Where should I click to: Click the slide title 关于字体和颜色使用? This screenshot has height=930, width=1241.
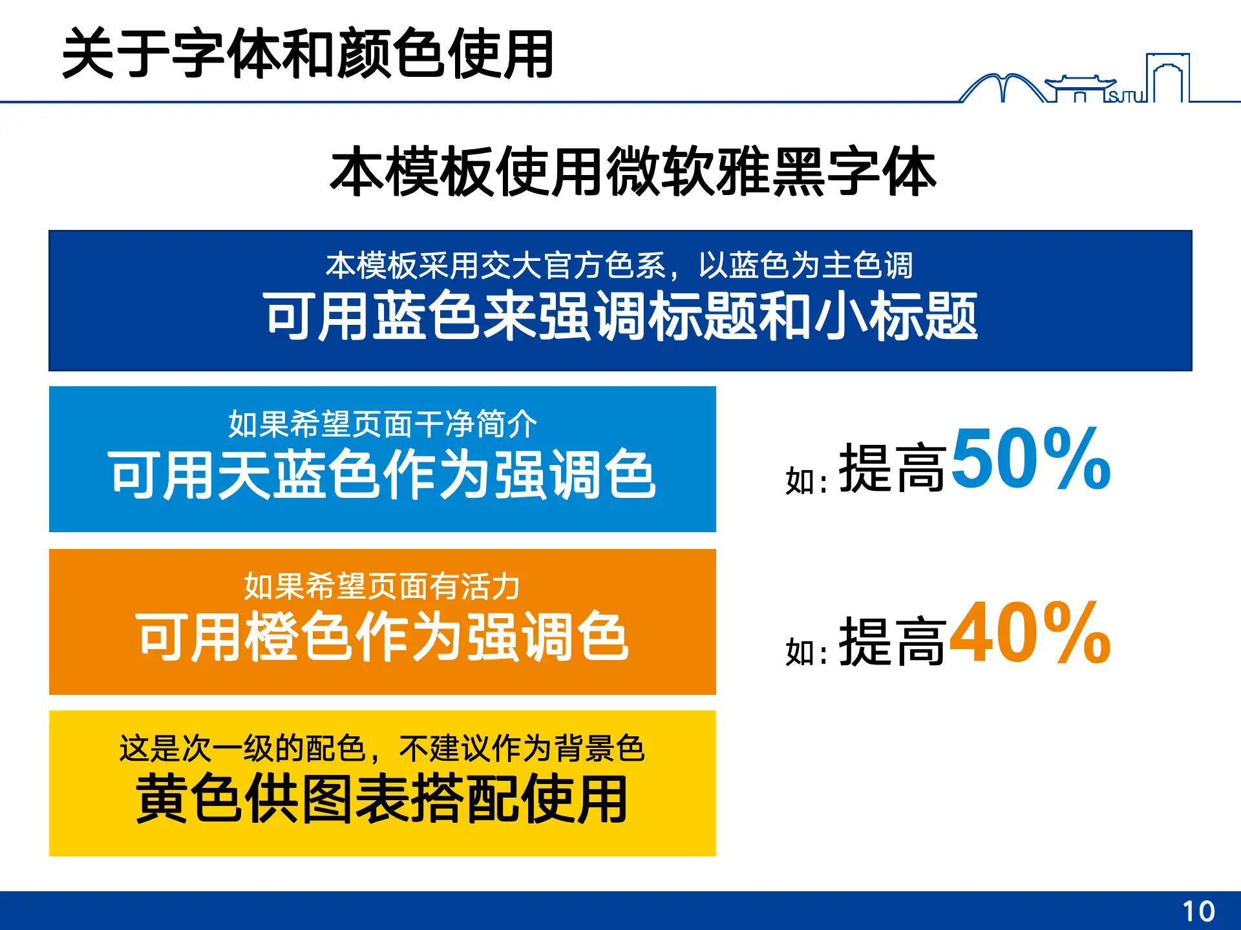click(x=308, y=54)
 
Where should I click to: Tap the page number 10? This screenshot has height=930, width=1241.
click(x=1198, y=911)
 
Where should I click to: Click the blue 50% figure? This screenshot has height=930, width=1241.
click(x=1031, y=459)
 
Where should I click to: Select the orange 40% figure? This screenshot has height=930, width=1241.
click(x=1030, y=633)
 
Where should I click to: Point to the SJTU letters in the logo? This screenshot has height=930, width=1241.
click(x=1125, y=97)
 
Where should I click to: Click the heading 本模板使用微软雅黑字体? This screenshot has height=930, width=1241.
click(x=633, y=172)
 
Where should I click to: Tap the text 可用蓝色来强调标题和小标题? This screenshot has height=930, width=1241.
click(x=620, y=316)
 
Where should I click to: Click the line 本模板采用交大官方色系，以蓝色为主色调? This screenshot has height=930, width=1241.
click(x=619, y=265)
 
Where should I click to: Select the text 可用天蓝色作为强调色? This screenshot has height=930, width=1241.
click(x=383, y=475)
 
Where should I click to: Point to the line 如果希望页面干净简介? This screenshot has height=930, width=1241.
click(x=383, y=424)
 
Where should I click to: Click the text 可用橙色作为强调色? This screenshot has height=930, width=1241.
click(x=383, y=637)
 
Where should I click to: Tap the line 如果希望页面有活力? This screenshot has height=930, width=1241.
click(x=383, y=586)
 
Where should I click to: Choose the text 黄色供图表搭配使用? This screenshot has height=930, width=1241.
click(x=383, y=799)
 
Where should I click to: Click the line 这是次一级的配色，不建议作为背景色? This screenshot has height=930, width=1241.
click(x=383, y=749)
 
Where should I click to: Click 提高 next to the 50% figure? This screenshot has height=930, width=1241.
click(x=892, y=468)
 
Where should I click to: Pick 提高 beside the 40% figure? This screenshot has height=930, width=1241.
click(x=892, y=641)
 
